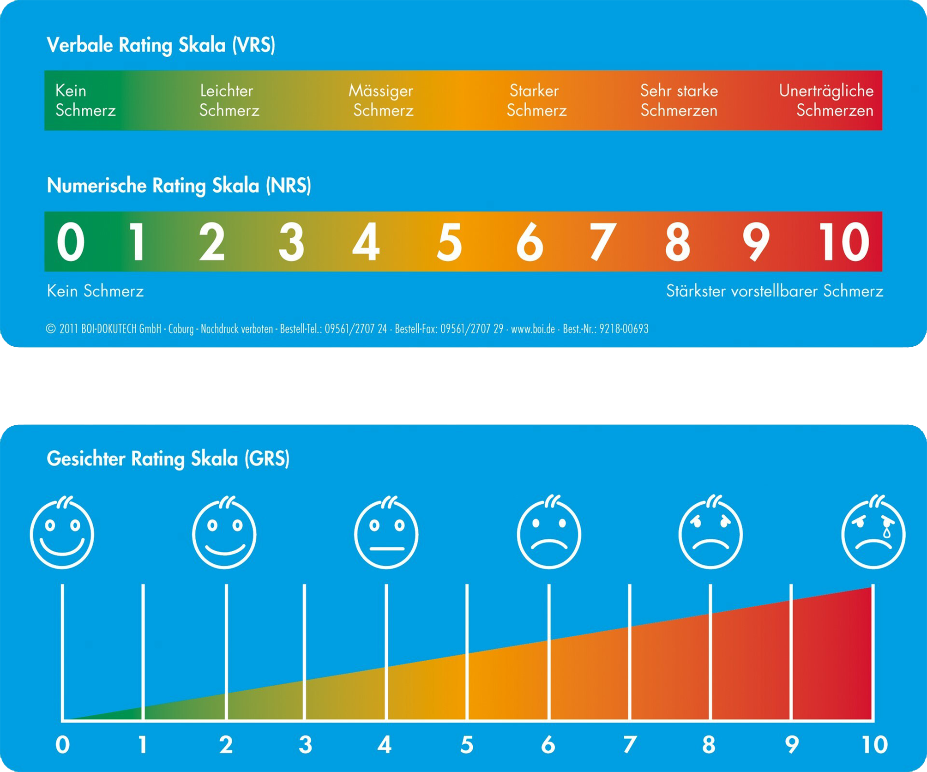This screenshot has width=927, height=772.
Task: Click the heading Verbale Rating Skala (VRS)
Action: pyautogui.click(x=161, y=45)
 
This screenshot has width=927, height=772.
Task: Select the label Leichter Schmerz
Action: pyautogui.click(x=229, y=100)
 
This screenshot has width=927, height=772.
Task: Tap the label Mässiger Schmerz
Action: pyautogui.click(x=381, y=100)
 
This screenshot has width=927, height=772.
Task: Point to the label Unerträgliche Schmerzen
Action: pyautogui.click(x=826, y=100)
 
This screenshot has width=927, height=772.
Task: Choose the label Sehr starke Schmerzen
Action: pyautogui.click(x=679, y=100)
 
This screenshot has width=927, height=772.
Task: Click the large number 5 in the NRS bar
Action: pyautogui.click(x=449, y=241)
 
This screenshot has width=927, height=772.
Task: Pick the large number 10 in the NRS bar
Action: pyautogui.click(x=843, y=241)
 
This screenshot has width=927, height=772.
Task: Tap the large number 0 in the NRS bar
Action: pyautogui.click(x=71, y=241)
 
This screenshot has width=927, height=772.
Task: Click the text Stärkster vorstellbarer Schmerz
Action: pyautogui.click(x=774, y=291)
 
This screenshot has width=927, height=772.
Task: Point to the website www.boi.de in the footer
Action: pyautogui.click(x=533, y=329)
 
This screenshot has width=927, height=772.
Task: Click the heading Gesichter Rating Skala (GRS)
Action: pyautogui.click(x=168, y=459)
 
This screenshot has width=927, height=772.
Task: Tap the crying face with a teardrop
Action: pyautogui.click(x=873, y=533)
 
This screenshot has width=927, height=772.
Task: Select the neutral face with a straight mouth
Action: pyautogui.click(x=386, y=533)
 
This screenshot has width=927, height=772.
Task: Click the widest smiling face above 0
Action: pyautogui.click(x=62, y=533)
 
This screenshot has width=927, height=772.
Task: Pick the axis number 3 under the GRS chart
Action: pyautogui.click(x=305, y=745)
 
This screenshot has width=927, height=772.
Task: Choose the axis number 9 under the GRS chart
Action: pyautogui.click(x=792, y=745)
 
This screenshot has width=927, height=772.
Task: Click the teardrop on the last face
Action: pyautogui.click(x=887, y=532)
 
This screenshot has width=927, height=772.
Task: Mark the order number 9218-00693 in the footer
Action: pyautogui.click(x=624, y=329)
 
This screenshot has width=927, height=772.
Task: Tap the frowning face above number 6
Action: pyautogui.click(x=549, y=533)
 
